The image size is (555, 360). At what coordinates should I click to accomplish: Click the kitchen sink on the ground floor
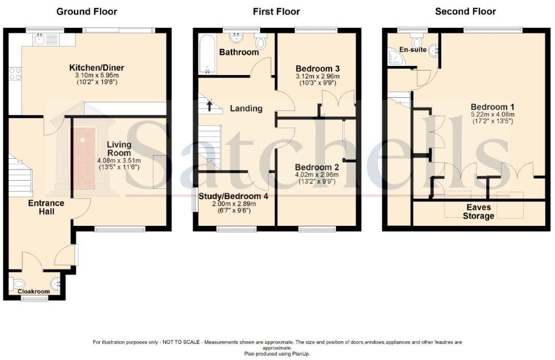pos(40,39)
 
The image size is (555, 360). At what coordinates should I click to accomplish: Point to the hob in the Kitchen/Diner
pos(15,74)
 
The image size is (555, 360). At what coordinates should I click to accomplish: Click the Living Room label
pos(119,149)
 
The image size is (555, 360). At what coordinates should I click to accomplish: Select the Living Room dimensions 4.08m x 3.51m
pos(119,160)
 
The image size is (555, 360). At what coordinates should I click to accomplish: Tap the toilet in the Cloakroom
pos(18,283)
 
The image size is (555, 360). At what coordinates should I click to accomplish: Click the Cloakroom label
pos(34,292)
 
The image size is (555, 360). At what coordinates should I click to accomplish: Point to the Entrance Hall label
pos(47,207)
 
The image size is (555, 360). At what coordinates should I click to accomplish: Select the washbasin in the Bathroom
pos(236,38)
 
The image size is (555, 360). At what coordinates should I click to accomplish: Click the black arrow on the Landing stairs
pos(209,105)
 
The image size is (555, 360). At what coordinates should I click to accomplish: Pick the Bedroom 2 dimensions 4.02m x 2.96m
pos(317,175)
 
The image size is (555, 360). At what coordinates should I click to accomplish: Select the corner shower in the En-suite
pos(394,56)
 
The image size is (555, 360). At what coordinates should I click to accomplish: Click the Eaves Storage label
pos(478,212)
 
